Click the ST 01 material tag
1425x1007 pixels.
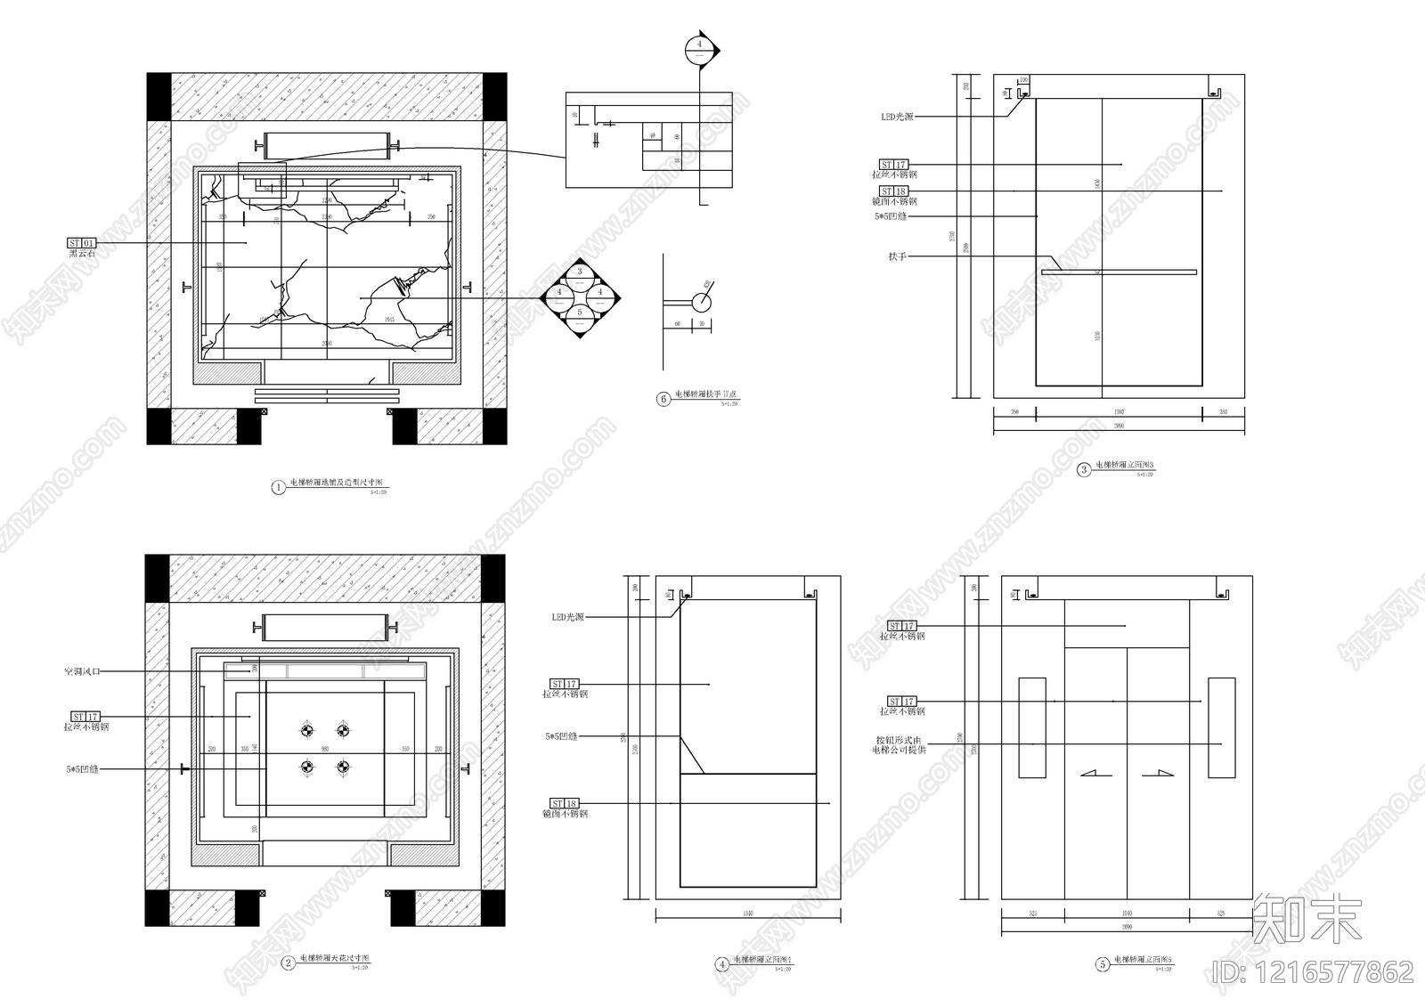coord(81,243)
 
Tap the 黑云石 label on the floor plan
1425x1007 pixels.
coord(82,254)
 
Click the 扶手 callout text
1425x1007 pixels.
coord(897,256)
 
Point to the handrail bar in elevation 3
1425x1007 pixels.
coord(1119,272)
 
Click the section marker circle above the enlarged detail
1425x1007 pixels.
coord(700,49)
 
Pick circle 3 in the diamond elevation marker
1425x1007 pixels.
coord(580,272)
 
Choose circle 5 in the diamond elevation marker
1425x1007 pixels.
coord(580,313)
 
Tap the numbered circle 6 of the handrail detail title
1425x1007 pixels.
coord(664,399)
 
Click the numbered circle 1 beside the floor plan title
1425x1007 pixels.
coord(279,487)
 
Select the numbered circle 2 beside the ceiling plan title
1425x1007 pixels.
coord(288,962)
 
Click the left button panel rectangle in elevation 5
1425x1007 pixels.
coord(1032,727)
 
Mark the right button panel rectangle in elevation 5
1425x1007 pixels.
coord(1221,727)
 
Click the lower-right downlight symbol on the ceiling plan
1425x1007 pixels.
coord(343,767)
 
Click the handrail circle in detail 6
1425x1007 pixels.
coord(702,303)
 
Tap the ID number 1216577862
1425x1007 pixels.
coord(1314,971)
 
